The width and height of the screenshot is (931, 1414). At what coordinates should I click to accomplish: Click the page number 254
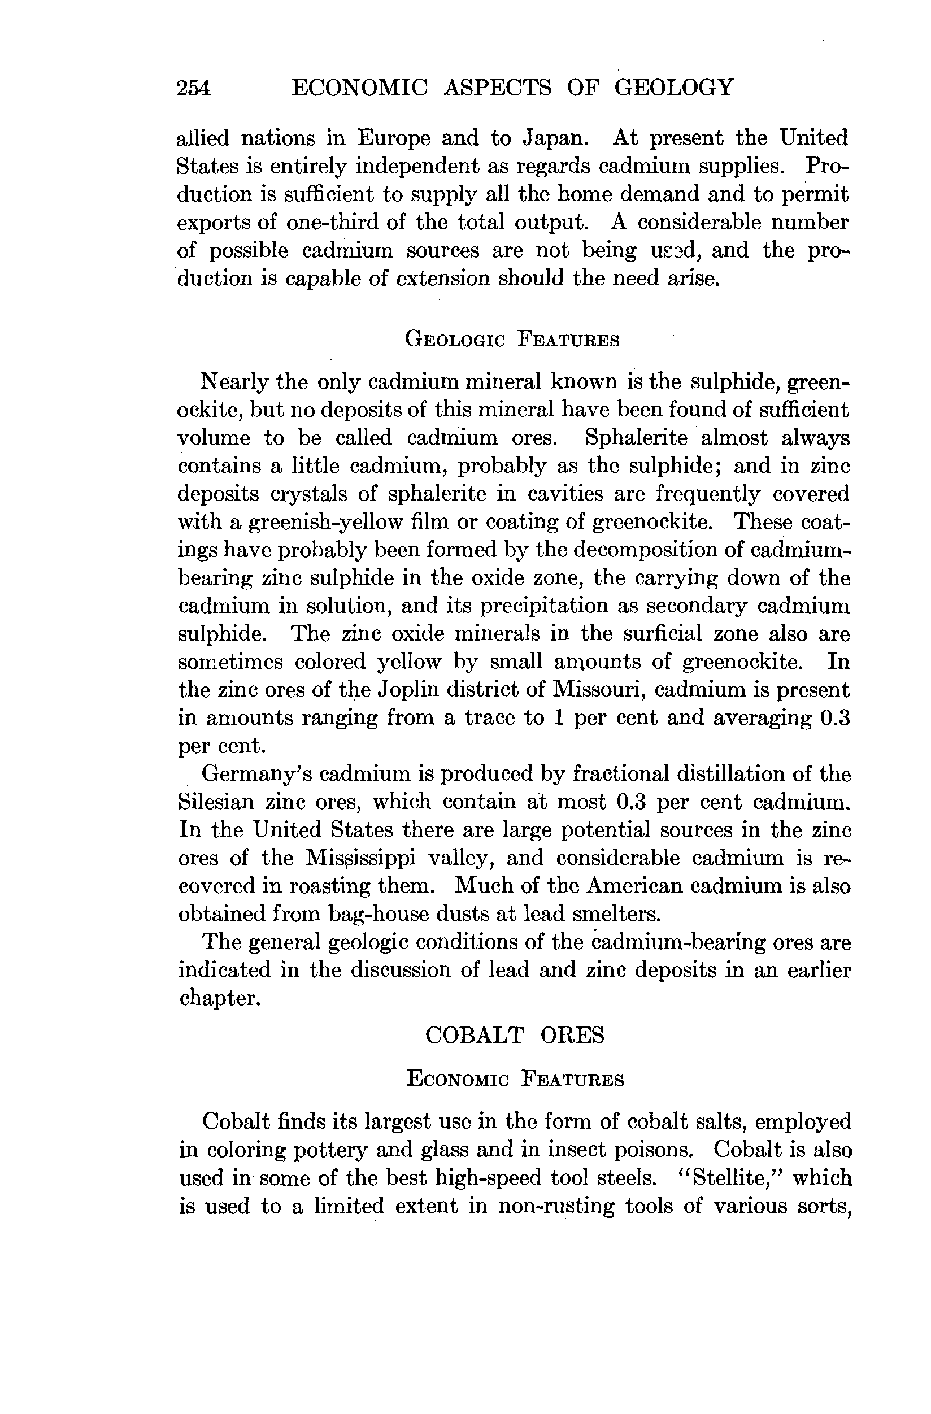click(194, 88)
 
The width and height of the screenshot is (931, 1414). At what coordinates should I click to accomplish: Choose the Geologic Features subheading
click(512, 340)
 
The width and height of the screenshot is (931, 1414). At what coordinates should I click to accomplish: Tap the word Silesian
click(216, 802)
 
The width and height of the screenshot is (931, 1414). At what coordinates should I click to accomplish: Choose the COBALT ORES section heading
click(515, 1035)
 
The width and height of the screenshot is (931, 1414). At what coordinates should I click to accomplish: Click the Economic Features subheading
click(515, 1078)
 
